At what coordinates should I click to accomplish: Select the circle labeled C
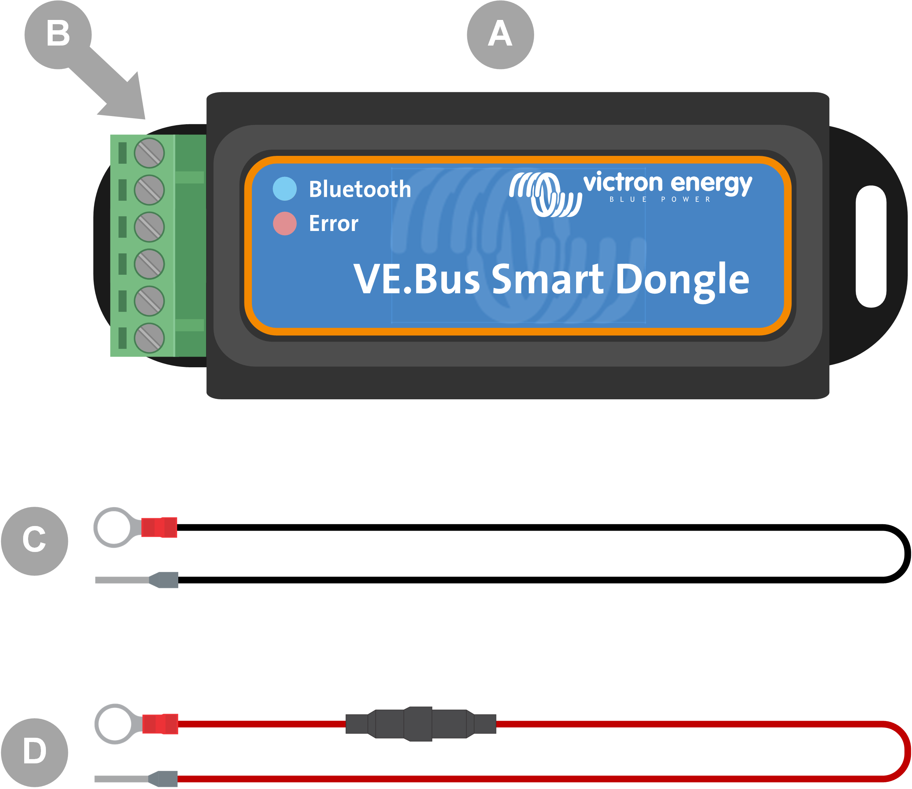tap(34, 541)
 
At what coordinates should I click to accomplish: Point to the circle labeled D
tap(34, 752)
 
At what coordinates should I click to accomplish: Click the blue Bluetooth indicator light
tap(284, 189)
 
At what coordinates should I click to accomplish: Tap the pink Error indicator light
tap(284, 223)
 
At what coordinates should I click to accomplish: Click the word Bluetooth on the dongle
tap(360, 189)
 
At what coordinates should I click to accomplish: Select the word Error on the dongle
tap(333, 223)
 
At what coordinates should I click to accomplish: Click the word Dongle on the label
tap(682, 280)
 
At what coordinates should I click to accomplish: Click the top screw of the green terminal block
tap(149, 153)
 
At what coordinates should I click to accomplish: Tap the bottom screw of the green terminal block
tap(149, 338)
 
